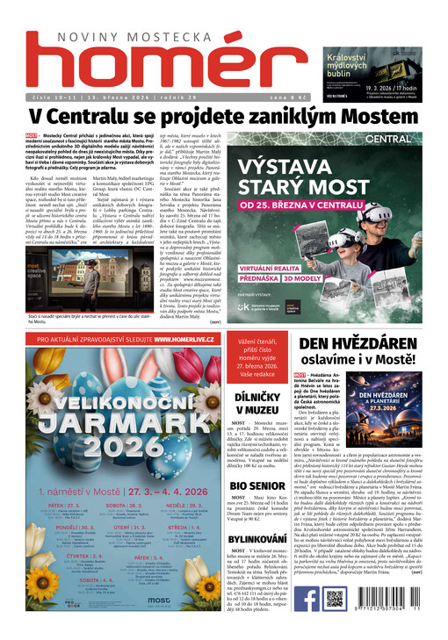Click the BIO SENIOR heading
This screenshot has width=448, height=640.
[257, 485]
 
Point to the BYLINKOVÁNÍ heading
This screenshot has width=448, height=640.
[257, 538]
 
